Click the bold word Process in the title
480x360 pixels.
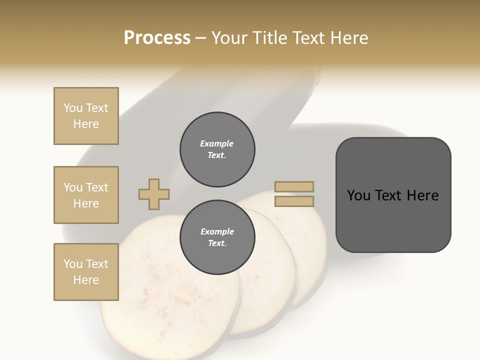pos(157,38)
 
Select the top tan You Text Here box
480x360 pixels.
pos(86,116)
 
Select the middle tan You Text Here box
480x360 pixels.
pos(86,195)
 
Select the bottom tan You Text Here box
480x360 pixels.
pos(86,272)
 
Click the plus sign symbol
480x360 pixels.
pos(154,194)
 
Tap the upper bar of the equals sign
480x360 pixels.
pos(294,187)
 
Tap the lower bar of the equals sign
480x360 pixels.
pos(294,201)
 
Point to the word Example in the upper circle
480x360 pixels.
pos(217,143)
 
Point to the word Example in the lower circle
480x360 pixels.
pos(217,231)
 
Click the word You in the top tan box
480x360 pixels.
pos(73,108)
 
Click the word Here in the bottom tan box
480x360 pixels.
pos(86,280)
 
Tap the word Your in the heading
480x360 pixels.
pos(229,38)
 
